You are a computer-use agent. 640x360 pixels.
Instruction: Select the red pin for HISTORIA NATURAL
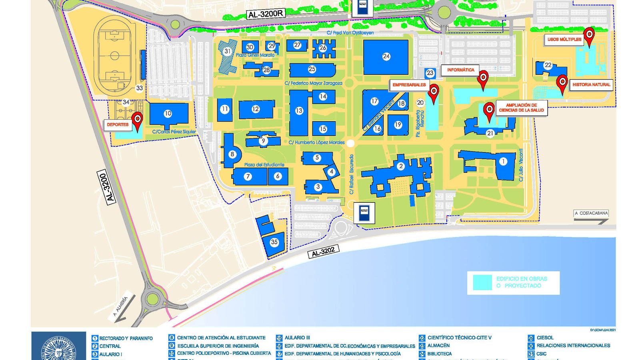point(562,82)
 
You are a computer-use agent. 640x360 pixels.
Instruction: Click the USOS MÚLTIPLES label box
point(564,39)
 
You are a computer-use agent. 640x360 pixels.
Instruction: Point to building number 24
point(386,56)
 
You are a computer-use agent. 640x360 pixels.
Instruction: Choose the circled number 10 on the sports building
point(168,114)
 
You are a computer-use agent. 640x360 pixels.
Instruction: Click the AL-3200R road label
point(266,14)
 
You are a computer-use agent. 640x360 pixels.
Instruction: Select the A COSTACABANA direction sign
point(591,213)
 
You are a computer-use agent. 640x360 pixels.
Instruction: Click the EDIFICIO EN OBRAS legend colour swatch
point(482,282)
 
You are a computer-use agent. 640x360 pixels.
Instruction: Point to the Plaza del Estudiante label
point(264,165)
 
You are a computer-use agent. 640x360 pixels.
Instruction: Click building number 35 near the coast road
point(274,242)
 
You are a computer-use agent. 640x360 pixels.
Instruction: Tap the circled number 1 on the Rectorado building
point(503,161)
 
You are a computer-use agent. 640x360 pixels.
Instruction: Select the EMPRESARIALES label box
point(409,85)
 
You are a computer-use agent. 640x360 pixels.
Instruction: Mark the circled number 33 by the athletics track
point(139,88)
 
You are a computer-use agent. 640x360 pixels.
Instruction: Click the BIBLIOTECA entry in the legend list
point(440,354)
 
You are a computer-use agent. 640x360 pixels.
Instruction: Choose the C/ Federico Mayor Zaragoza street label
point(313,83)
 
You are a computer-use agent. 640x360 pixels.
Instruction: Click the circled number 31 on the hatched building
point(228,51)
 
